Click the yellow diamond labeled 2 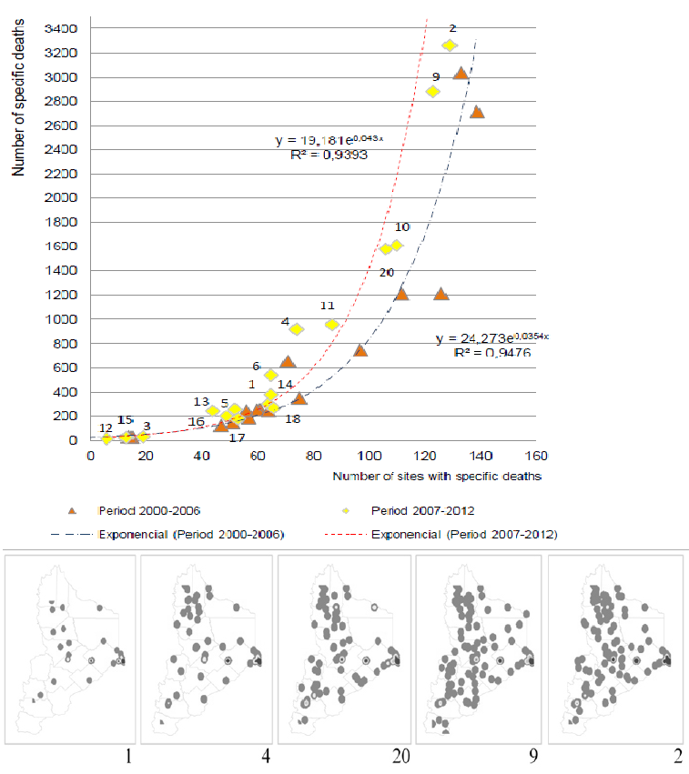pos(450,45)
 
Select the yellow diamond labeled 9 pos(433,91)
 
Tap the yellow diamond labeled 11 pos(332,325)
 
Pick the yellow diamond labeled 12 pos(106,437)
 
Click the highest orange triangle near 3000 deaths pos(461,73)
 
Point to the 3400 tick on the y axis pos(61,28)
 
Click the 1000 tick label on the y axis pos(61,319)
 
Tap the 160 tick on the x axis pos(536,456)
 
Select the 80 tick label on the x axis pos(314,456)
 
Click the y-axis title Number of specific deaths pos(18,97)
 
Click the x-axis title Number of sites pos(437,477)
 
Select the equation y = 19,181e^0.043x pos(329,140)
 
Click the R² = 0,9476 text pos(492,353)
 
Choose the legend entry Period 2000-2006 pos(149,511)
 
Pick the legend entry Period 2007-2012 pos(423,511)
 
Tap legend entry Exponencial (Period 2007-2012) pos(464,535)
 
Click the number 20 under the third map pos(401,756)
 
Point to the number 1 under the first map pos(128,756)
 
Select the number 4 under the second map pos(266,756)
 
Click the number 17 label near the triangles pos(237,437)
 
